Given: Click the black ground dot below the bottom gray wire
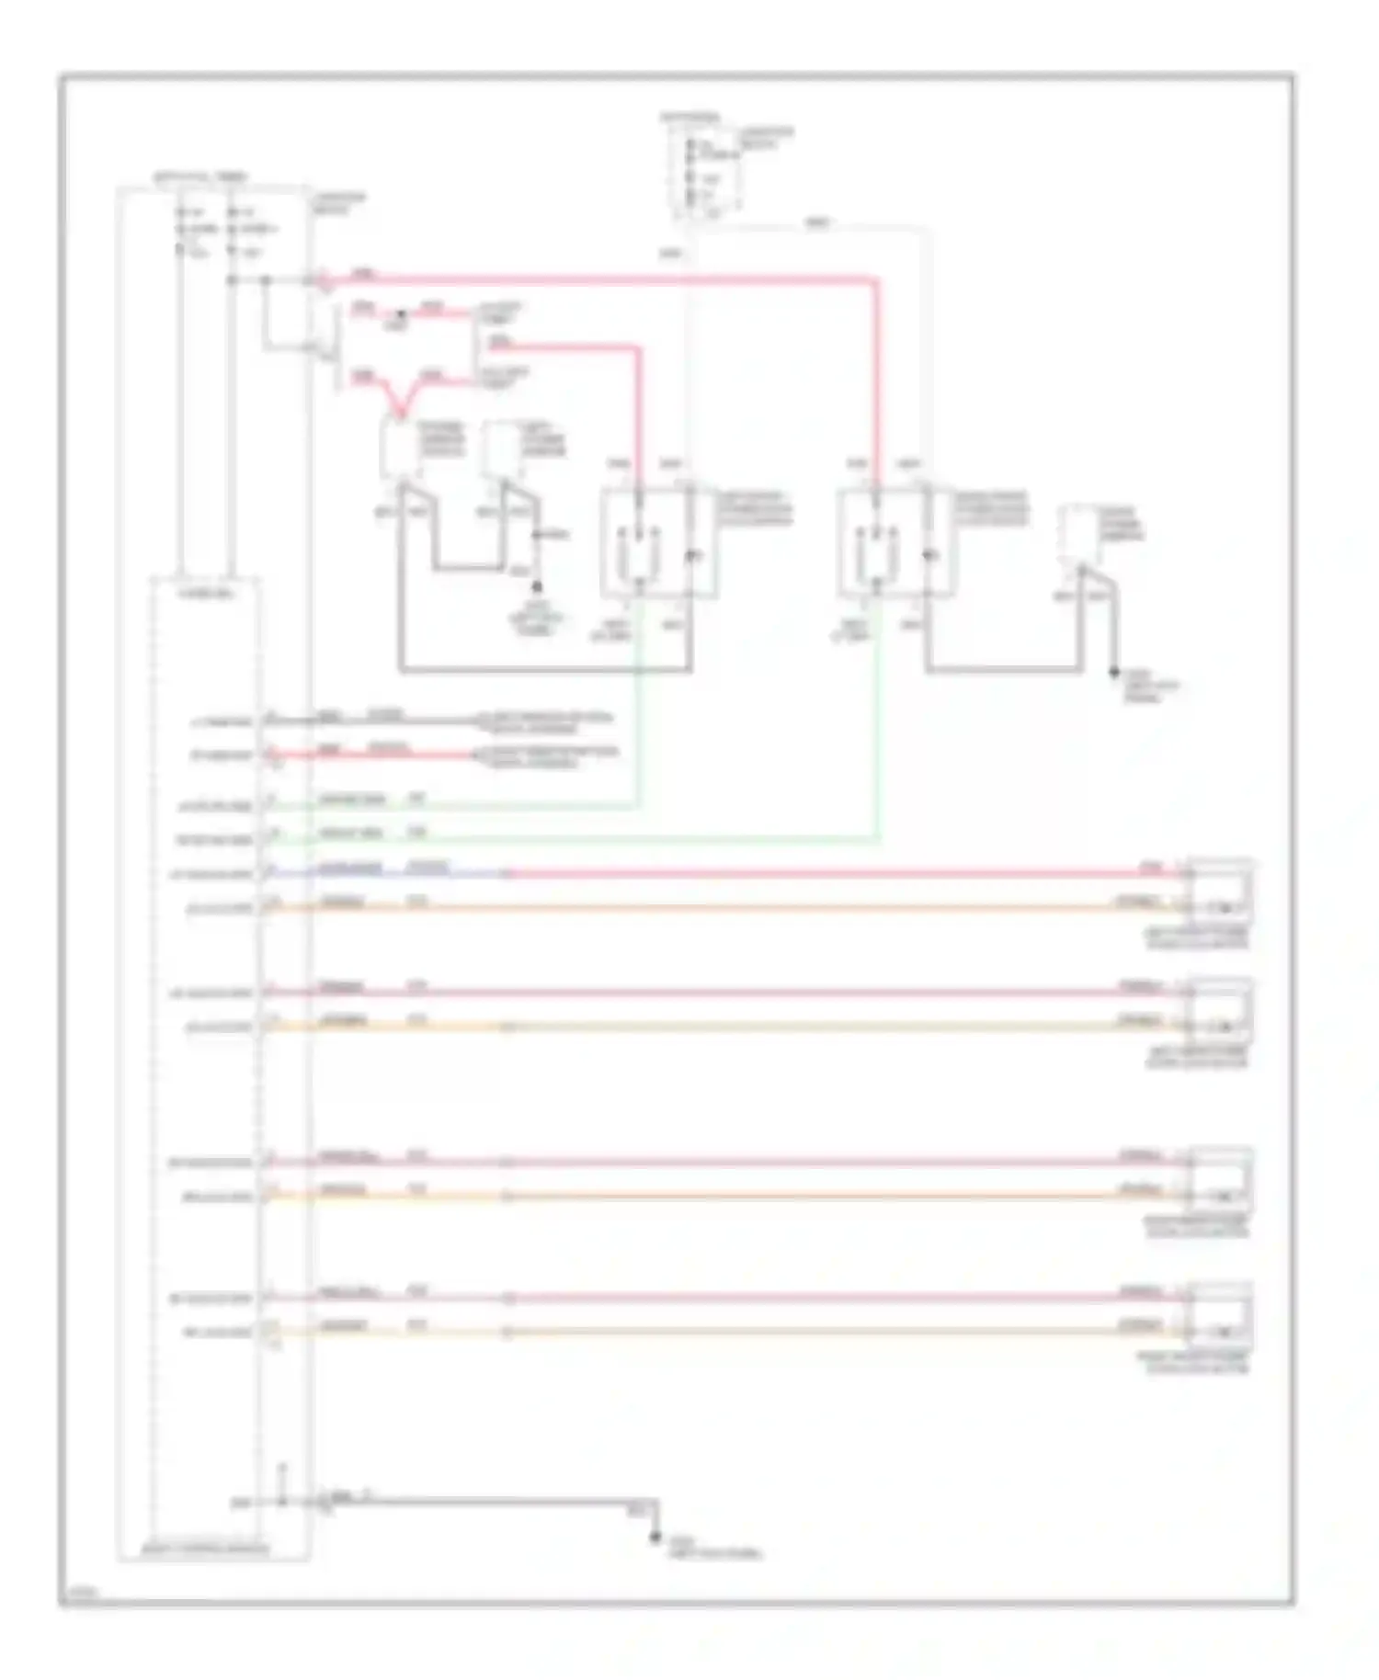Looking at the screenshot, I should [655, 1538].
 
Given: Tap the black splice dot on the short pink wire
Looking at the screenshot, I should [399, 314].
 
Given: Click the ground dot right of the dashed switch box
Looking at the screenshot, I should [1113, 672].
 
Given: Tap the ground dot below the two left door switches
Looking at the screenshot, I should [537, 585].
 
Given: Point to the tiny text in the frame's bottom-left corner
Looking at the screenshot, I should [73, 1595].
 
